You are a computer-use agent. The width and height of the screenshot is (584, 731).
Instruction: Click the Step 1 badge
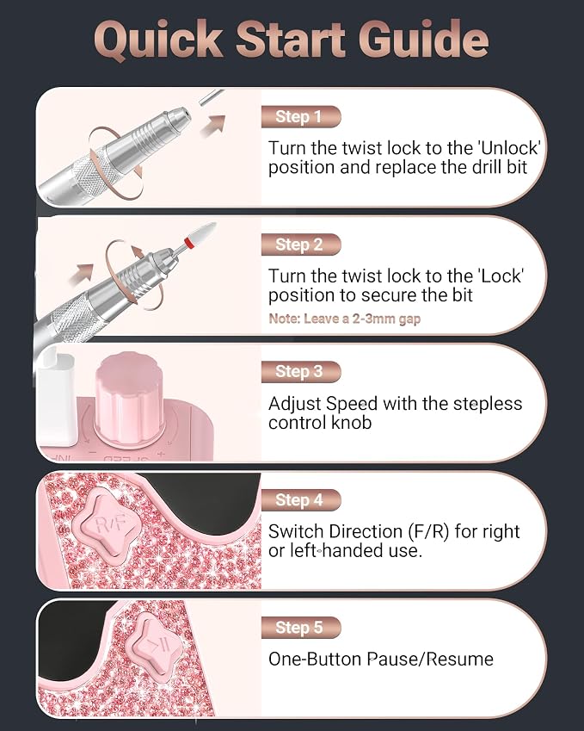tap(301, 116)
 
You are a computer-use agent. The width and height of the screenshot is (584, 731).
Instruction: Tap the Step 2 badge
tap(301, 245)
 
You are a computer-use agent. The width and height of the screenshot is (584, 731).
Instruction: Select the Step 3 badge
tap(301, 372)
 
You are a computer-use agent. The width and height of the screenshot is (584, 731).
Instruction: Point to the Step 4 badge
tap(301, 500)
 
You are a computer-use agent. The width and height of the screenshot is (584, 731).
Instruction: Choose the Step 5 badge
tap(301, 628)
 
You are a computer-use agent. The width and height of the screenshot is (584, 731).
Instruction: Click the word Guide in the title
tap(423, 39)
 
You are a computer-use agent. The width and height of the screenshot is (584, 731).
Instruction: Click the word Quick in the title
tap(159, 40)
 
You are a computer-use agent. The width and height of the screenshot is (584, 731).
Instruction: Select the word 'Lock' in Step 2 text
tap(501, 276)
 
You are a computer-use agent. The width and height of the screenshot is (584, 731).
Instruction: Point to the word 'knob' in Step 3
tap(351, 423)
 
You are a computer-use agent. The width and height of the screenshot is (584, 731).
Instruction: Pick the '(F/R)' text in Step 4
tap(428, 531)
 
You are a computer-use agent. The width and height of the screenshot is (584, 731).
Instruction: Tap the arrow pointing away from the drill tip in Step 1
tap(213, 127)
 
